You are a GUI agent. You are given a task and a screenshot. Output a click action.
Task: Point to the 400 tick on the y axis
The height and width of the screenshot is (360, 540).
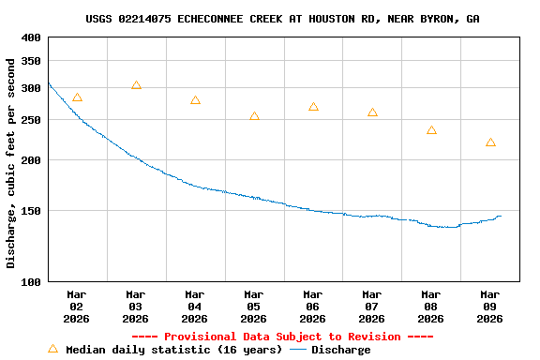(x=31, y=37)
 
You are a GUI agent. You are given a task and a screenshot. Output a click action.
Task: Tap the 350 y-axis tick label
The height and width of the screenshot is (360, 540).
(x=31, y=61)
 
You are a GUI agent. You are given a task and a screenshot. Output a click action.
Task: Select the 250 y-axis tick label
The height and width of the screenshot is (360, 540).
(x=31, y=120)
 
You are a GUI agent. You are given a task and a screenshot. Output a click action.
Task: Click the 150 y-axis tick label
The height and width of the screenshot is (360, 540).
(x=31, y=211)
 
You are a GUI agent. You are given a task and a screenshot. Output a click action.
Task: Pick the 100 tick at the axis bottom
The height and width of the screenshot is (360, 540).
(x=31, y=281)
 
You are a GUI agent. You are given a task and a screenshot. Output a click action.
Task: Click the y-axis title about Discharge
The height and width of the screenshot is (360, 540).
(x=11, y=163)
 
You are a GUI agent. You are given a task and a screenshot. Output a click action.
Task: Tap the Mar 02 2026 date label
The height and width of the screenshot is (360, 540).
(x=77, y=306)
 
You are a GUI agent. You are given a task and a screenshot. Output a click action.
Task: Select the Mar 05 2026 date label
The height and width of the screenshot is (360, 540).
(x=254, y=306)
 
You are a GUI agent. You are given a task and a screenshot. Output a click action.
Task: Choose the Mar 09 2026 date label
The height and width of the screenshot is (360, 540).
(x=490, y=306)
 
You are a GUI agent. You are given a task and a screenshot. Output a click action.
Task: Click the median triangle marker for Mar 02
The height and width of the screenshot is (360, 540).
(x=77, y=97)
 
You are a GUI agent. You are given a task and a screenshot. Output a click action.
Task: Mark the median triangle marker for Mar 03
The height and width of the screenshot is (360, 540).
(x=136, y=85)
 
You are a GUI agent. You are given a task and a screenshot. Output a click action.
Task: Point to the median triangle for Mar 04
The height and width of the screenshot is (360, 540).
(x=195, y=100)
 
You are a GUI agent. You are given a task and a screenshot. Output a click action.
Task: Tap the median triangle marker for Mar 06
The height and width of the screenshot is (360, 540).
(x=313, y=107)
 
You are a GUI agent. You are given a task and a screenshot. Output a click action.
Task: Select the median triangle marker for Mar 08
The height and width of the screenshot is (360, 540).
(x=431, y=130)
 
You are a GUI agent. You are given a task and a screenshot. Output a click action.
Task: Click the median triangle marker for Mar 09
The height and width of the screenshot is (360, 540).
(x=490, y=142)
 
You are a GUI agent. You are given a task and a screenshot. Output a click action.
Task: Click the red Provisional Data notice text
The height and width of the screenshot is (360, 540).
(x=282, y=337)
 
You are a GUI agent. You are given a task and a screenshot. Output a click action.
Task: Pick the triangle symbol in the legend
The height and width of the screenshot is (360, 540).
(x=53, y=349)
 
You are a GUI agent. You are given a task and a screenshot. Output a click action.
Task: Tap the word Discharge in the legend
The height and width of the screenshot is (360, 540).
(x=340, y=350)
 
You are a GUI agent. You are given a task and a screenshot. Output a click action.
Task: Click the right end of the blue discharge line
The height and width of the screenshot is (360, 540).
(x=501, y=217)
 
